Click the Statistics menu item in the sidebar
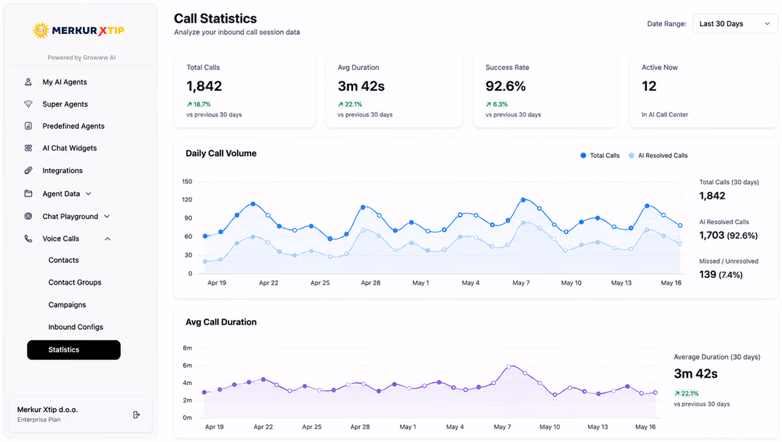(x=73, y=350)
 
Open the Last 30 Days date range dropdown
(x=735, y=24)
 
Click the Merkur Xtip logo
(x=78, y=31)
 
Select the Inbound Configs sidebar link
(x=76, y=327)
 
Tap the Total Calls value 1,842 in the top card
(x=204, y=86)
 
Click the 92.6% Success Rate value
(x=506, y=86)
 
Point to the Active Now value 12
(x=649, y=86)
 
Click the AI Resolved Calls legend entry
(x=658, y=155)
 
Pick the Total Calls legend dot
(x=583, y=155)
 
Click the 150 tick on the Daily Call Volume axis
(x=187, y=182)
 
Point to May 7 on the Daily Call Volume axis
(x=521, y=283)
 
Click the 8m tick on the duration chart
(x=187, y=348)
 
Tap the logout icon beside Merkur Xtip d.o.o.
(x=136, y=414)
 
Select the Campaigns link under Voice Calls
(x=67, y=305)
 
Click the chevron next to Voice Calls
(x=107, y=239)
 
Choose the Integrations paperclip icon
(x=28, y=170)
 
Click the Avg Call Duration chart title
(x=221, y=322)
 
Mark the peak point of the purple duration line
(x=509, y=366)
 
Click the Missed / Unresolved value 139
(x=707, y=275)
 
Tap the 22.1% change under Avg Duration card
(x=350, y=104)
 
